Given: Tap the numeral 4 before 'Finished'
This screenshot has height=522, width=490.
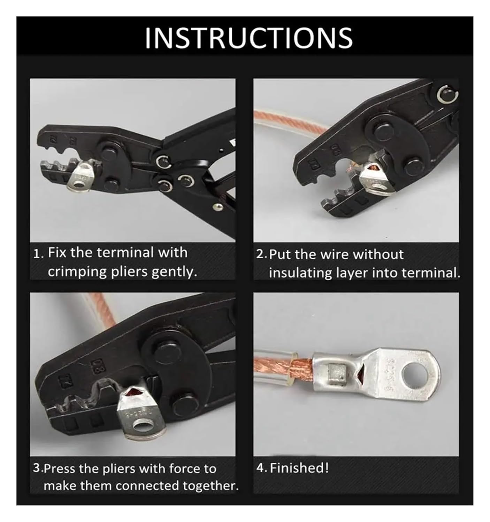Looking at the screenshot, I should [261, 468].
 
